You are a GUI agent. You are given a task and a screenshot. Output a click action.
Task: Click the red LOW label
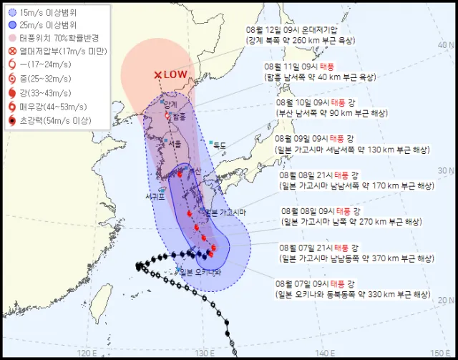pos(175,74)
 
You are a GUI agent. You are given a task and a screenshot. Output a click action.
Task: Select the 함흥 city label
pos(178,116)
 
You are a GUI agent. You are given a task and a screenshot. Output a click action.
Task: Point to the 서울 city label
pos(175,144)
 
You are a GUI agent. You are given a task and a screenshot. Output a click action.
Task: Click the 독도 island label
pos(219,145)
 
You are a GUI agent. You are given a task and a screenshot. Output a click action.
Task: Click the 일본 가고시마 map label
pos(225,212)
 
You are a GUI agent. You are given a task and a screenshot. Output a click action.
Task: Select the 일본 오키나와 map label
pos(201,271)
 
